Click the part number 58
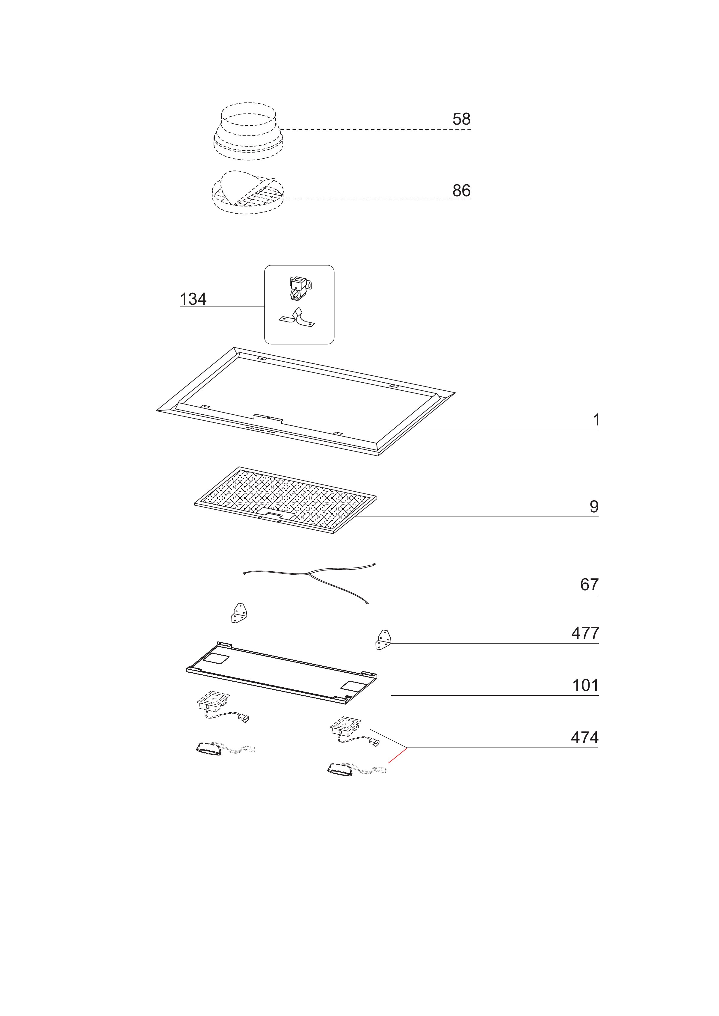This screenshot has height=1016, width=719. (461, 119)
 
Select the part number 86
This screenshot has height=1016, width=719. (461, 191)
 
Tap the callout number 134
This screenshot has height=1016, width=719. (193, 299)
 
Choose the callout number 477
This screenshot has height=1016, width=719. (585, 633)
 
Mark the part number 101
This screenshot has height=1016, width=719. (585, 685)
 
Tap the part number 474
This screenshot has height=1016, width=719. (584, 738)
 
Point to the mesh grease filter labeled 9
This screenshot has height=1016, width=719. (286, 499)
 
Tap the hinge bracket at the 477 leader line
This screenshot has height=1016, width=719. (383, 640)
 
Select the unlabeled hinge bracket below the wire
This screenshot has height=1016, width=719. (239, 613)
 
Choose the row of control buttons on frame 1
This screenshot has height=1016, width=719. (260, 430)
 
